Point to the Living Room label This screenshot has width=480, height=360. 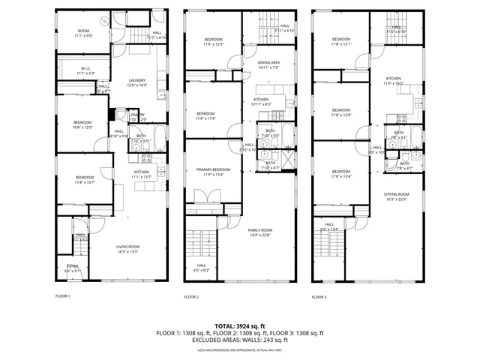[127, 249]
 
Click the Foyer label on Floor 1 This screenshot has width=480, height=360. [73, 268]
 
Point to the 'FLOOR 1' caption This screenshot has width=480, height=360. [63, 296]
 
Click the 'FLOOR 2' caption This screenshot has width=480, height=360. [191, 297]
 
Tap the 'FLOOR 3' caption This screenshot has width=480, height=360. [319, 297]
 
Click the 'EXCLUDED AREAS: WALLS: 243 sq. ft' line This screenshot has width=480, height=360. [239, 339]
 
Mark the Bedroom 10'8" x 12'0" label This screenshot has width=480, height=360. [82, 124]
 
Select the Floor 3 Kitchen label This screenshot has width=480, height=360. [394, 80]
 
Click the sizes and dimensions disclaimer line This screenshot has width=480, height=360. [239, 347]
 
